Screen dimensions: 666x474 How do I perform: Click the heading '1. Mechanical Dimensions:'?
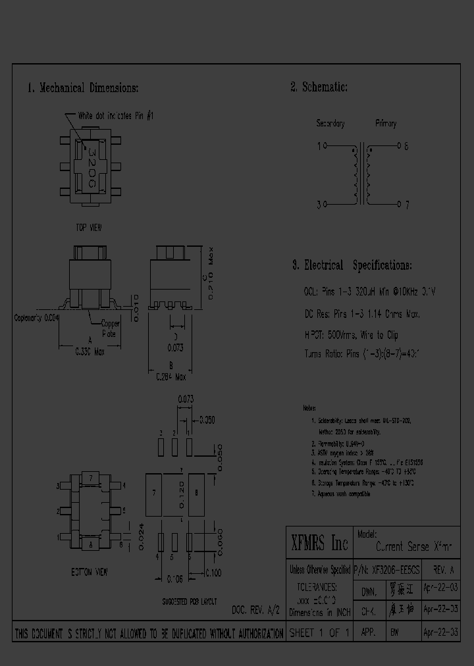click(x=83, y=88)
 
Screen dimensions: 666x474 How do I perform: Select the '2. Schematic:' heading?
click(x=319, y=88)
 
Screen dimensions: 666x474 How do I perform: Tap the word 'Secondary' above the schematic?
click(x=330, y=124)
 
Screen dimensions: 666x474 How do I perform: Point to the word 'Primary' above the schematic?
click(x=386, y=124)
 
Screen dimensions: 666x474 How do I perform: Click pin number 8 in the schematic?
click(x=406, y=146)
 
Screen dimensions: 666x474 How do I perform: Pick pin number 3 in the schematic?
click(x=319, y=205)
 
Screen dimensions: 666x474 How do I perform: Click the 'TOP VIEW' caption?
click(x=89, y=227)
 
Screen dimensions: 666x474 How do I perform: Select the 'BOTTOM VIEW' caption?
click(x=90, y=572)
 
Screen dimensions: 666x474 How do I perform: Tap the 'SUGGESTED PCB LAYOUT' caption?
click(x=190, y=602)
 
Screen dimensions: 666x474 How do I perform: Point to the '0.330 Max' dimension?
click(x=90, y=351)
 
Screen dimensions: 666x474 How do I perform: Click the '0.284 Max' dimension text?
click(x=171, y=378)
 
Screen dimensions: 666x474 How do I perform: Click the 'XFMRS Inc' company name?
click(x=319, y=544)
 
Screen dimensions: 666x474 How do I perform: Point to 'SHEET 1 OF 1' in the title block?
click(x=319, y=632)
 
